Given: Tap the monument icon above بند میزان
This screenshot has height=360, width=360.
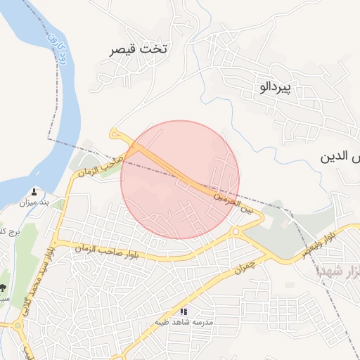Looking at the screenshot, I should [34, 191].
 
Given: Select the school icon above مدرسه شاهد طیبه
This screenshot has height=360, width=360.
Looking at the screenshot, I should [184, 311].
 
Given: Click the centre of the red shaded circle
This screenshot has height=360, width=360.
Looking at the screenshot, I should [180, 180].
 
